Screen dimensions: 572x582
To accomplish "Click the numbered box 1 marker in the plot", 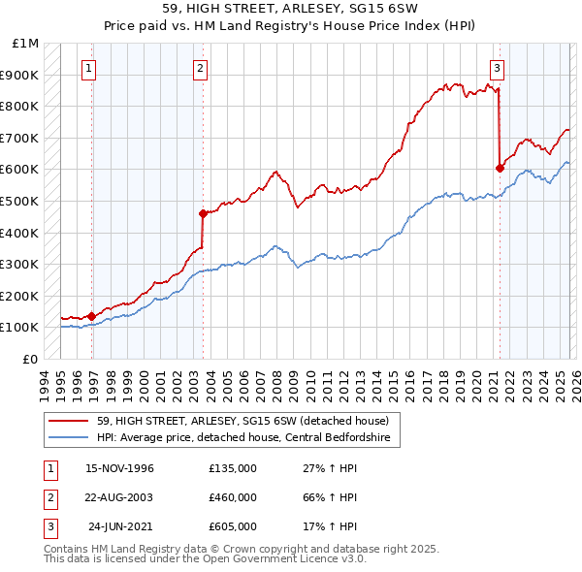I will click(88, 68).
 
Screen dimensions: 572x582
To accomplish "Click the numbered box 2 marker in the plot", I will click(199, 68).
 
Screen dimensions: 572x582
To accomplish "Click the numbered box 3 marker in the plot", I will click(496, 68).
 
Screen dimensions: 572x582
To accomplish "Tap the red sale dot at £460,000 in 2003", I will click(203, 213).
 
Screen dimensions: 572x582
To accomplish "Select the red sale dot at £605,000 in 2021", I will click(501, 168).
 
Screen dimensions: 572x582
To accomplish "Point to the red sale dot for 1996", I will click(92, 315).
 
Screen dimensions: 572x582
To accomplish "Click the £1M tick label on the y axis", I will click(26, 44).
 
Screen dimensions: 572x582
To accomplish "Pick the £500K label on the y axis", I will click(22, 201).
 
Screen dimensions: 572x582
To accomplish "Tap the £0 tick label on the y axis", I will click(30, 359).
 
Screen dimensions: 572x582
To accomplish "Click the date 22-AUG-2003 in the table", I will click(119, 496).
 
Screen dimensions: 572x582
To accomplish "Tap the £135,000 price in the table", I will click(232, 468).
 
